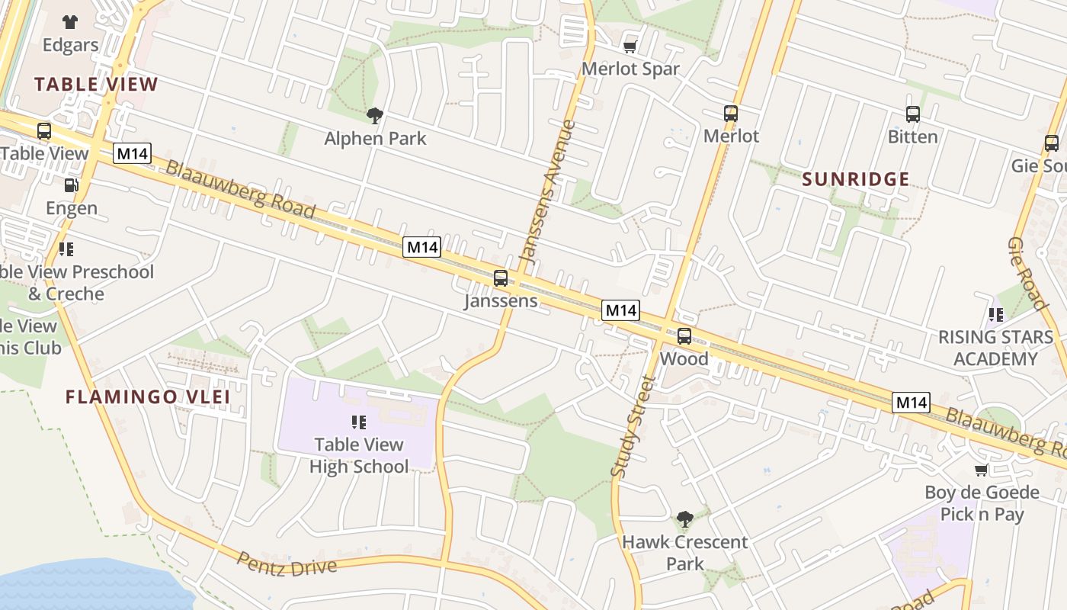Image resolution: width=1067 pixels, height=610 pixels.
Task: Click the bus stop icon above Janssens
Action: tap(501, 278)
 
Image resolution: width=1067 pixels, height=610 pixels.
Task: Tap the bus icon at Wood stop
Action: tap(684, 335)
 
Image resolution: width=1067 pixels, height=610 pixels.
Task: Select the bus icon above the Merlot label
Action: tap(731, 114)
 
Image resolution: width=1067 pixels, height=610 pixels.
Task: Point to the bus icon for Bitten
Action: tap(913, 114)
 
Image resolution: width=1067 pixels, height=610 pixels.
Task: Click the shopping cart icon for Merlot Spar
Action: tap(630, 47)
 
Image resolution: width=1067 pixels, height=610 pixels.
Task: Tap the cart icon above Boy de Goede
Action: tap(982, 470)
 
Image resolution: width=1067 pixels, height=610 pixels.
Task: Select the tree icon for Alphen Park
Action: tap(374, 116)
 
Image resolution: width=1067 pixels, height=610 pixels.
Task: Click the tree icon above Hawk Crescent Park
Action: tap(684, 519)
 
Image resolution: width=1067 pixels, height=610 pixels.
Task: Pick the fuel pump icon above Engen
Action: tap(71, 185)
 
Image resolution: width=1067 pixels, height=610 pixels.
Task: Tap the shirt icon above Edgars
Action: tap(70, 21)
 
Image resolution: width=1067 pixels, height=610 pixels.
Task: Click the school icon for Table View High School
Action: tap(359, 422)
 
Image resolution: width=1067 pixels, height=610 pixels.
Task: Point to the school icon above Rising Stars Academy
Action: tap(995, 314)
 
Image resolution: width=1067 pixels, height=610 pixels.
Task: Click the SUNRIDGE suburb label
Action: tap(856, 179)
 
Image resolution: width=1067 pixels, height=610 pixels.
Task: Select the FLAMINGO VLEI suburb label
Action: tap(148, 396)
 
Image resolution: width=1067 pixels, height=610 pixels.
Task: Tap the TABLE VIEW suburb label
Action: tap(96, 84)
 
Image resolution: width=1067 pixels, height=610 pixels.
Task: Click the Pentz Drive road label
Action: tap(287, 564)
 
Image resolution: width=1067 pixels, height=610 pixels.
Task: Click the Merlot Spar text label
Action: tap(630, 69)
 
